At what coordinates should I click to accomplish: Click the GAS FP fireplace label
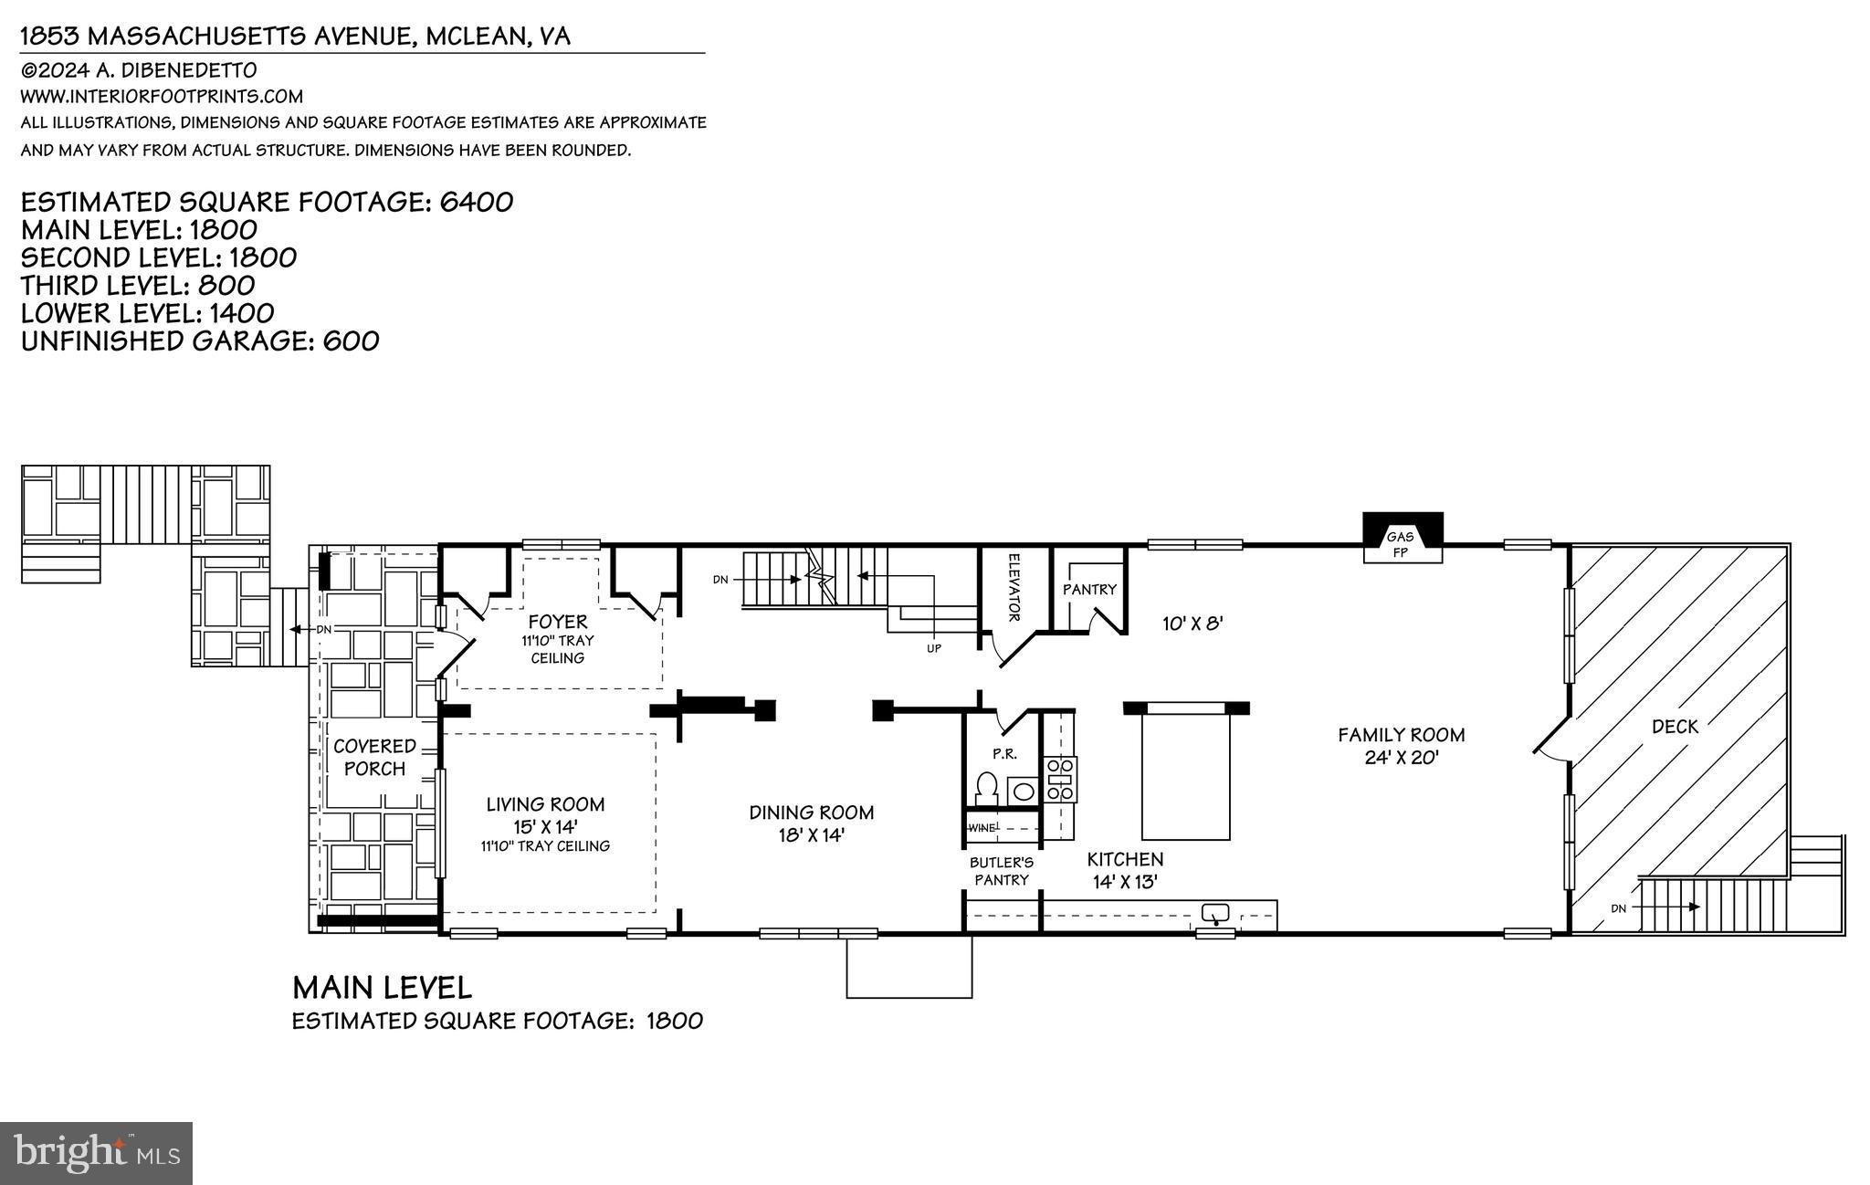pyautogui.click(x=1400, y=544)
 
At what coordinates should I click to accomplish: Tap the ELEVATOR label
pyautogui.click(x=1014, y=587)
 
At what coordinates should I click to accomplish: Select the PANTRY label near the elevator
pyautogui.click(x=1089, y=590)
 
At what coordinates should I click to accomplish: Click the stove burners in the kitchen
pyautogui.click(x=1061, y=780)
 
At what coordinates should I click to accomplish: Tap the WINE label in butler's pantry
pyautogui.click(x=982, y=828)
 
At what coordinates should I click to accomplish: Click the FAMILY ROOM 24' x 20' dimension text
pyautogui.click(x=1402, y=758)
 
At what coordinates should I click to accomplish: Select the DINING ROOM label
pyautogui.click(x=811, y=813)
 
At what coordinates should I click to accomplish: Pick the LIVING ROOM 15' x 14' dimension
pyautogui.click(x=545, y=826)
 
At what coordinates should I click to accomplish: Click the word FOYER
pyautogui.click(x=557, y=623)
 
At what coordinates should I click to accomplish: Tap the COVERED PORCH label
pyautogui.click(x=374, y=758)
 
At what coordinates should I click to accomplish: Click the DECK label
pyautogui.click(x=1675, y=727)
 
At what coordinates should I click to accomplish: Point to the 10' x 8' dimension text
pyautogui.click(x=1192, y=624)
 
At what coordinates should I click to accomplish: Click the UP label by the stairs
pyautogui.click(x=933, y=648)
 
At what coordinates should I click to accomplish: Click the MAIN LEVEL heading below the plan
pyautogui.click(x=382, y=988)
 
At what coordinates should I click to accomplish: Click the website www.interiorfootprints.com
pyautogui.click(x=162, y=96)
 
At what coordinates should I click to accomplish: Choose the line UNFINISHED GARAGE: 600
pyautogui.click(x=200, y=341)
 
